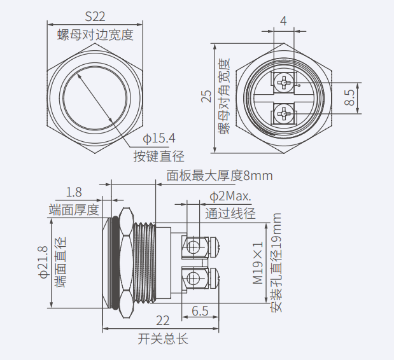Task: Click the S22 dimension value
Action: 95,17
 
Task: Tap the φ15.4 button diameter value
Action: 159,138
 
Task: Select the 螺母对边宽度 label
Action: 95,34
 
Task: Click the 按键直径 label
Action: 158,156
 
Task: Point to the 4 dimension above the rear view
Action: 283,21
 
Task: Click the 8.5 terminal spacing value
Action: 349,98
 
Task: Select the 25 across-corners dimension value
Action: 206,96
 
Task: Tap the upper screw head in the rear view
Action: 283,82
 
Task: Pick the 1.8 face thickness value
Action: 74,192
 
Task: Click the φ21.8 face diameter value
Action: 43,262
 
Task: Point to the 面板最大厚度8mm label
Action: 220,176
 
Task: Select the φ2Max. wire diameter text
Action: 230,196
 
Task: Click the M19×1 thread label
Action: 258,263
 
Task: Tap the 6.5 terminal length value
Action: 200,311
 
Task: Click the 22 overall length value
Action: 163,321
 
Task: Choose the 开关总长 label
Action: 163,339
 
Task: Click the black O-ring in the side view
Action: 115,263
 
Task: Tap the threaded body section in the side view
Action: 144,263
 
